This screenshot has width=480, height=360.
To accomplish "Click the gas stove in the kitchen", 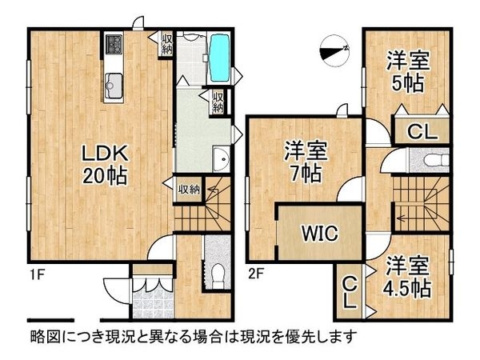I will click(113, 45).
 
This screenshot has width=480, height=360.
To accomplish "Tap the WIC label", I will click(319, 234).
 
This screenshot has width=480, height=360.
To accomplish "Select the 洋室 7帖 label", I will click(305, 160).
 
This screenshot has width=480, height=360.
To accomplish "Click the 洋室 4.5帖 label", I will click(408, 277).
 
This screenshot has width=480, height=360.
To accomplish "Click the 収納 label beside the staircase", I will click(189, 190).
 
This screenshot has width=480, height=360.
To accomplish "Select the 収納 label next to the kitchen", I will click(166, 44).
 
